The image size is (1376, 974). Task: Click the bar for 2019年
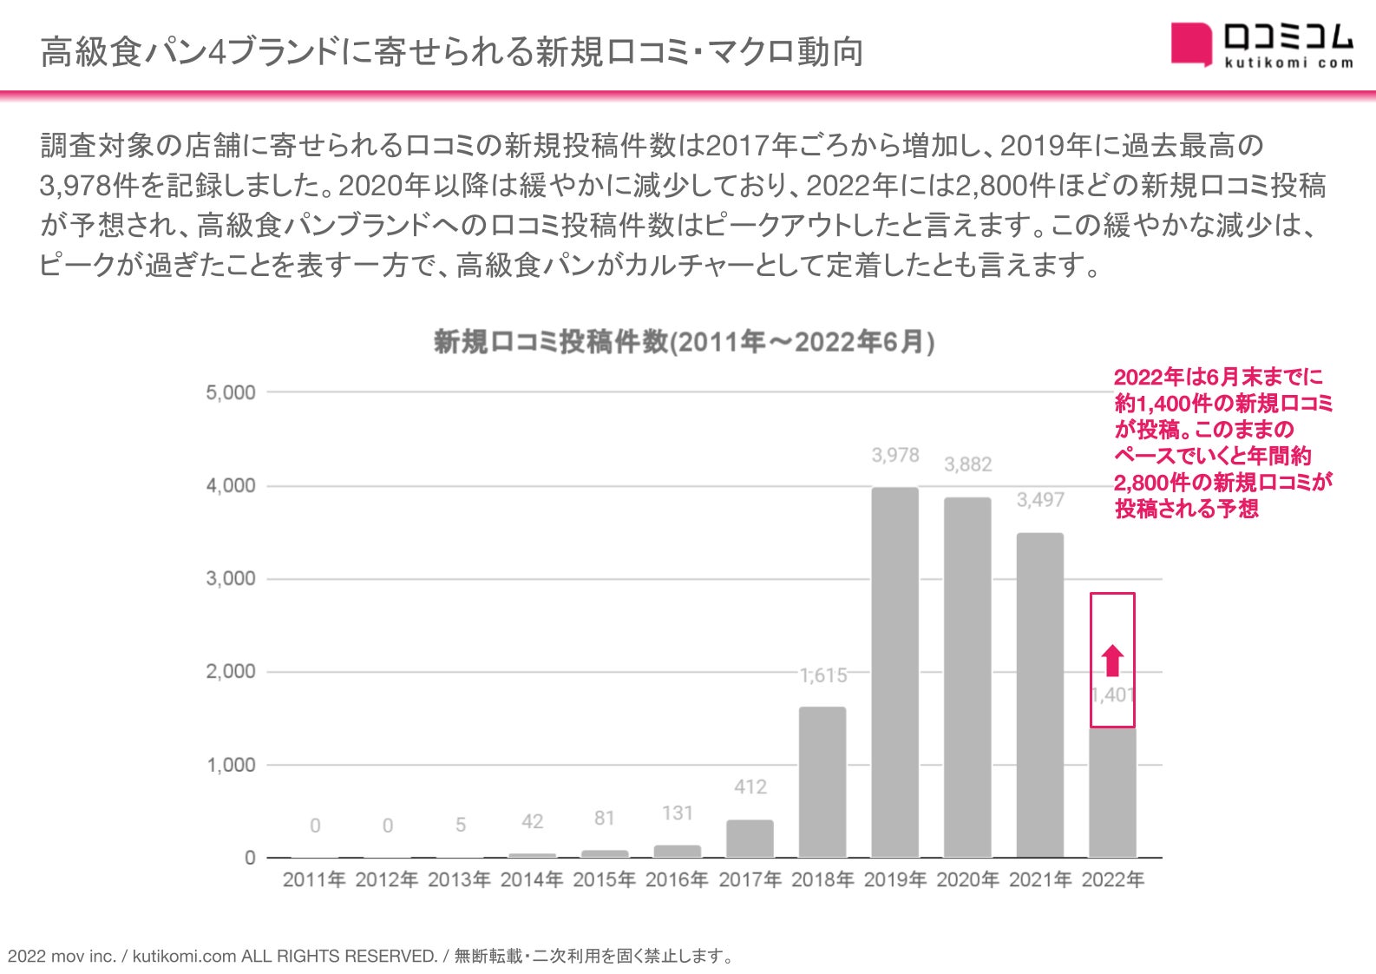point(894,673)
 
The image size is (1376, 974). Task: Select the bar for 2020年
point(967,677)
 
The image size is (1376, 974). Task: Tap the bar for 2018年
point(822,782)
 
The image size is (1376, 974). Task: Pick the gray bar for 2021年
point(1039,694)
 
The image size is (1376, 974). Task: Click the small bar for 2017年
point(750,839)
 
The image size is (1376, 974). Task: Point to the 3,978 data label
point(894,455)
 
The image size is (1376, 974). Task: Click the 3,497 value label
point(1039,500)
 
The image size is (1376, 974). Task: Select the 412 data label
point(750,787)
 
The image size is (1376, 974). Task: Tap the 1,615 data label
point(822,675)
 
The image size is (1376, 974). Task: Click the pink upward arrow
point(1112,661)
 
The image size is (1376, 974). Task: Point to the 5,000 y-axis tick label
point(230,392)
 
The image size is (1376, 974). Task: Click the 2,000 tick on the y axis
point(230,672)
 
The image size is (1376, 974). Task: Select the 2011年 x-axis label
point(314,880)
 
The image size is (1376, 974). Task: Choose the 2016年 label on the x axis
point(677,880)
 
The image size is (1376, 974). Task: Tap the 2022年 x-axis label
point(1112,880)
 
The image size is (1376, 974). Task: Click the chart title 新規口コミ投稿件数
point(684,342)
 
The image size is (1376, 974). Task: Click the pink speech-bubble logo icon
point(1190,43)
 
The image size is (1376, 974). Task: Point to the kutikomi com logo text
point(1288,63)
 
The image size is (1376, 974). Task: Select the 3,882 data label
point(967,464)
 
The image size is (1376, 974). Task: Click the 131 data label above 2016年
point(677,813)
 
